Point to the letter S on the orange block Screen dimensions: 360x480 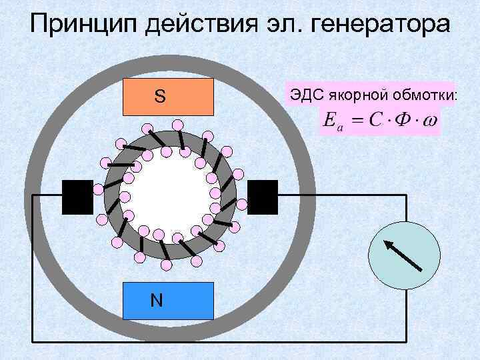[x=159, y=97]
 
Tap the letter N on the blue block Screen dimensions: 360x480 [x=157, y=300]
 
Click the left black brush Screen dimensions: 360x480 [x=77, y=197]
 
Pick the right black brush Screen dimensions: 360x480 [x=262, y=197]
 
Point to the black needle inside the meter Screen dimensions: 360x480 [x=403, y=254]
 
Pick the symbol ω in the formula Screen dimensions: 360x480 [x=431, y=121]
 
